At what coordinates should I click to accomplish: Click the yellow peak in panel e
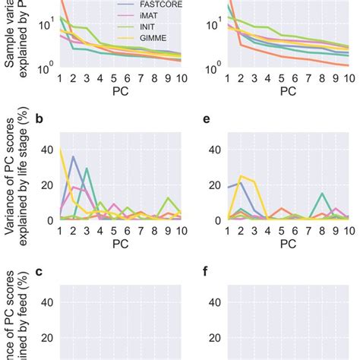pos(241,176)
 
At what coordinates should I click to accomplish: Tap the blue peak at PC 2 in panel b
pos(73,157)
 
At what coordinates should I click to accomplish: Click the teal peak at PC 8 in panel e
pos(322,194)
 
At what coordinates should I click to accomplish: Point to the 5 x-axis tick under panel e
pos(281,230)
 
